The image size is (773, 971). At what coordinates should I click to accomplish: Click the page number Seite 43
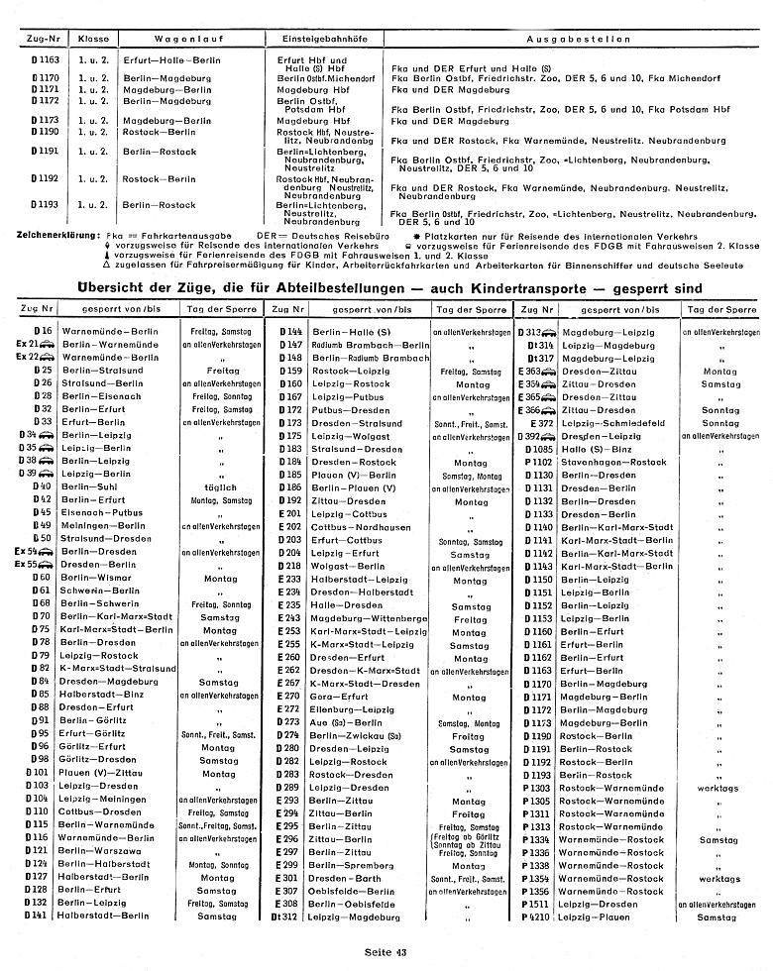[x=386, y=953]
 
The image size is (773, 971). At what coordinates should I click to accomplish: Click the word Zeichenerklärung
[x=51, y=234]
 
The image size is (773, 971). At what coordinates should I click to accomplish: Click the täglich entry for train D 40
[x=217, y=487]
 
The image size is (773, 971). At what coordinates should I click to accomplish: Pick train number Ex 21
[x=33, y=343]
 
